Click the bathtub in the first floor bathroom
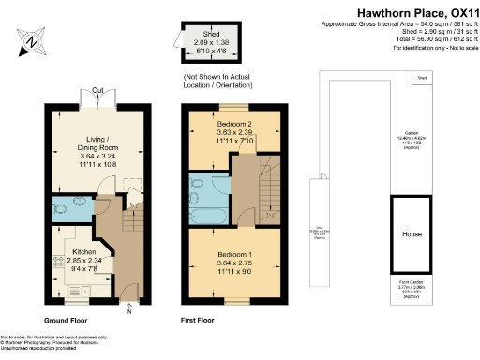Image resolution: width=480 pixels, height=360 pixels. click(203, 216)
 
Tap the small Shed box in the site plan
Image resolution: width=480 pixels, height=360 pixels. click(422, 78)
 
